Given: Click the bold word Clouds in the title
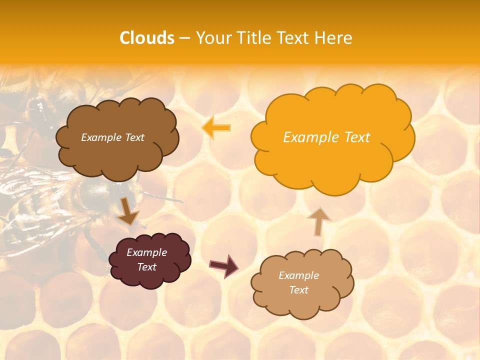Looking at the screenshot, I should tap(147, 38).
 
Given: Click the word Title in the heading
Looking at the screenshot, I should tap(252, 38).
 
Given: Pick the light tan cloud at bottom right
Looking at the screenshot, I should tap(302, 303).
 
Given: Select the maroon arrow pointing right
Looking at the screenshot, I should tap(223, 265).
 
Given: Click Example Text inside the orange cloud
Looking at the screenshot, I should tap(326, 137).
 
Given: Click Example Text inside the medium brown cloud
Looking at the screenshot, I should tap(112, 137).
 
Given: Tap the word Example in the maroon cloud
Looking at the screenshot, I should tap(146, 252).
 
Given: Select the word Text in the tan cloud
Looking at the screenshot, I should tap(298, 290).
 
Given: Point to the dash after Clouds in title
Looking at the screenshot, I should tap(184, 38).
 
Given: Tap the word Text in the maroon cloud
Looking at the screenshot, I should tap(146, 267).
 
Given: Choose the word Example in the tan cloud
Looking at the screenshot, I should tap(298, 275).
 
